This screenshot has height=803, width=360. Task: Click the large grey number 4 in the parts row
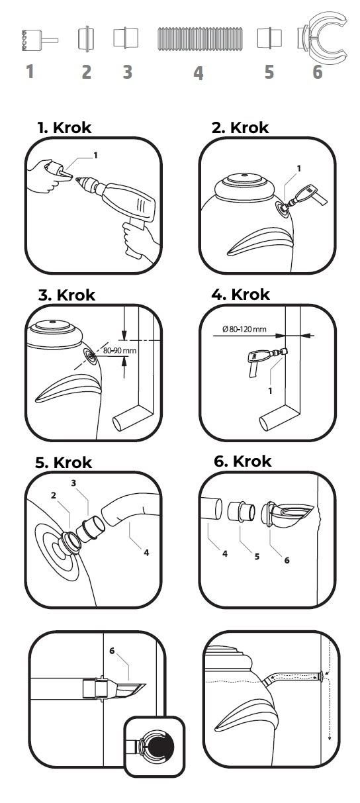pos(199,73)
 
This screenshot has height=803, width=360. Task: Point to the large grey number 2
pos(86,72)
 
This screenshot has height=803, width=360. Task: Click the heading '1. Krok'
pos(64,127)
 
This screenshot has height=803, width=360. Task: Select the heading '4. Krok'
pos(241,295)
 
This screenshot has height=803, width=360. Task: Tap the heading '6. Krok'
pos(242,461)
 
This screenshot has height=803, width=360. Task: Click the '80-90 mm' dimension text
pos(120,350)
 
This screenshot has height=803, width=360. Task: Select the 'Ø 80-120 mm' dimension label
pos(244,329)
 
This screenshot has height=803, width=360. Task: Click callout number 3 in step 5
pos(73,483)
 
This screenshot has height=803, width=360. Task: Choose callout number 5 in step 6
pos(257,556)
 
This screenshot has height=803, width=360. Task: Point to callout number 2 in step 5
pos(54,495)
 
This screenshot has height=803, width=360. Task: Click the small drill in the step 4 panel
pos(266,361)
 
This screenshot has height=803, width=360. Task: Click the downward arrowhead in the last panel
pos(329,737)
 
